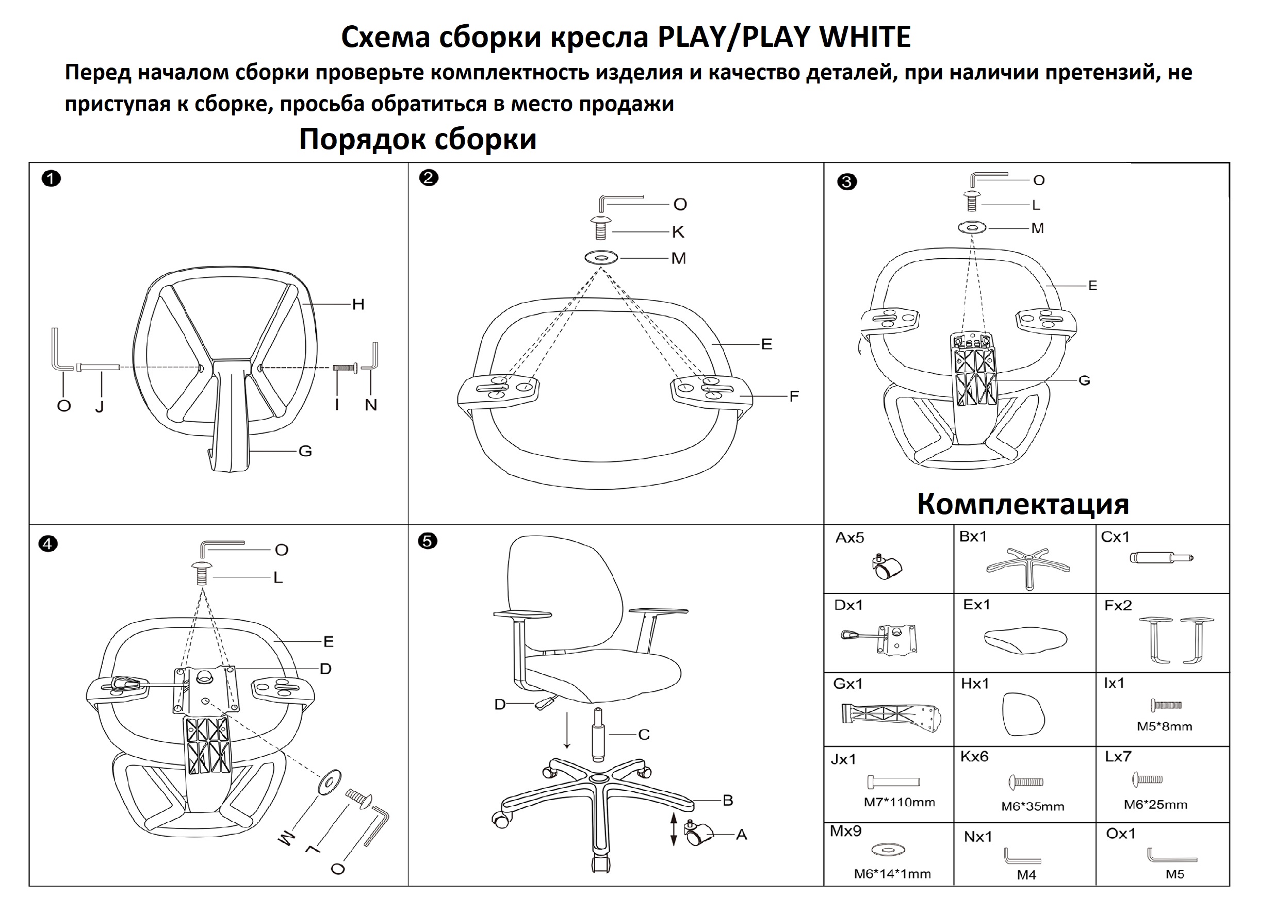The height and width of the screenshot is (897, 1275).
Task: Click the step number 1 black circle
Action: (51, 179)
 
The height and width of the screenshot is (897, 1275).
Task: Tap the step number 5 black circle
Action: (427, 541)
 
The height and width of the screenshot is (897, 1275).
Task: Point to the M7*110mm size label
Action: (899, 802)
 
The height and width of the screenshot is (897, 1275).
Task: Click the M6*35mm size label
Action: (1033, 806)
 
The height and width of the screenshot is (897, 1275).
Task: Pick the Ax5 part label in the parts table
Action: (849, 537)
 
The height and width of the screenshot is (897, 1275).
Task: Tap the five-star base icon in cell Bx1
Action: (1028, 566)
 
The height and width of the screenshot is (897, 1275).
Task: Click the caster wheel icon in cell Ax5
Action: (887, 567)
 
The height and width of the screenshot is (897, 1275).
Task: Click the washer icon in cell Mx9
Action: (889, 849)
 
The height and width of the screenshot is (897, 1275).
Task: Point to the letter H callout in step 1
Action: (358, 304)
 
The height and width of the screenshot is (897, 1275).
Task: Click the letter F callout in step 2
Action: (794, 396)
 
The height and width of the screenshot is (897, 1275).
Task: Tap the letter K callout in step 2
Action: (678, 232)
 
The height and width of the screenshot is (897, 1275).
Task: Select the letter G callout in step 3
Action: (1084, 380)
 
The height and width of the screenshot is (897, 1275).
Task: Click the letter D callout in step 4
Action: (325, 668)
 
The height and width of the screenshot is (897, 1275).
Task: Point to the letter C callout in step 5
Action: (644, 735)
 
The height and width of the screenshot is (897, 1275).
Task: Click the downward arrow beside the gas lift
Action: (566, 729)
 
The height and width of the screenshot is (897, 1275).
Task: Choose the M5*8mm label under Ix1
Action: (1164, 726)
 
